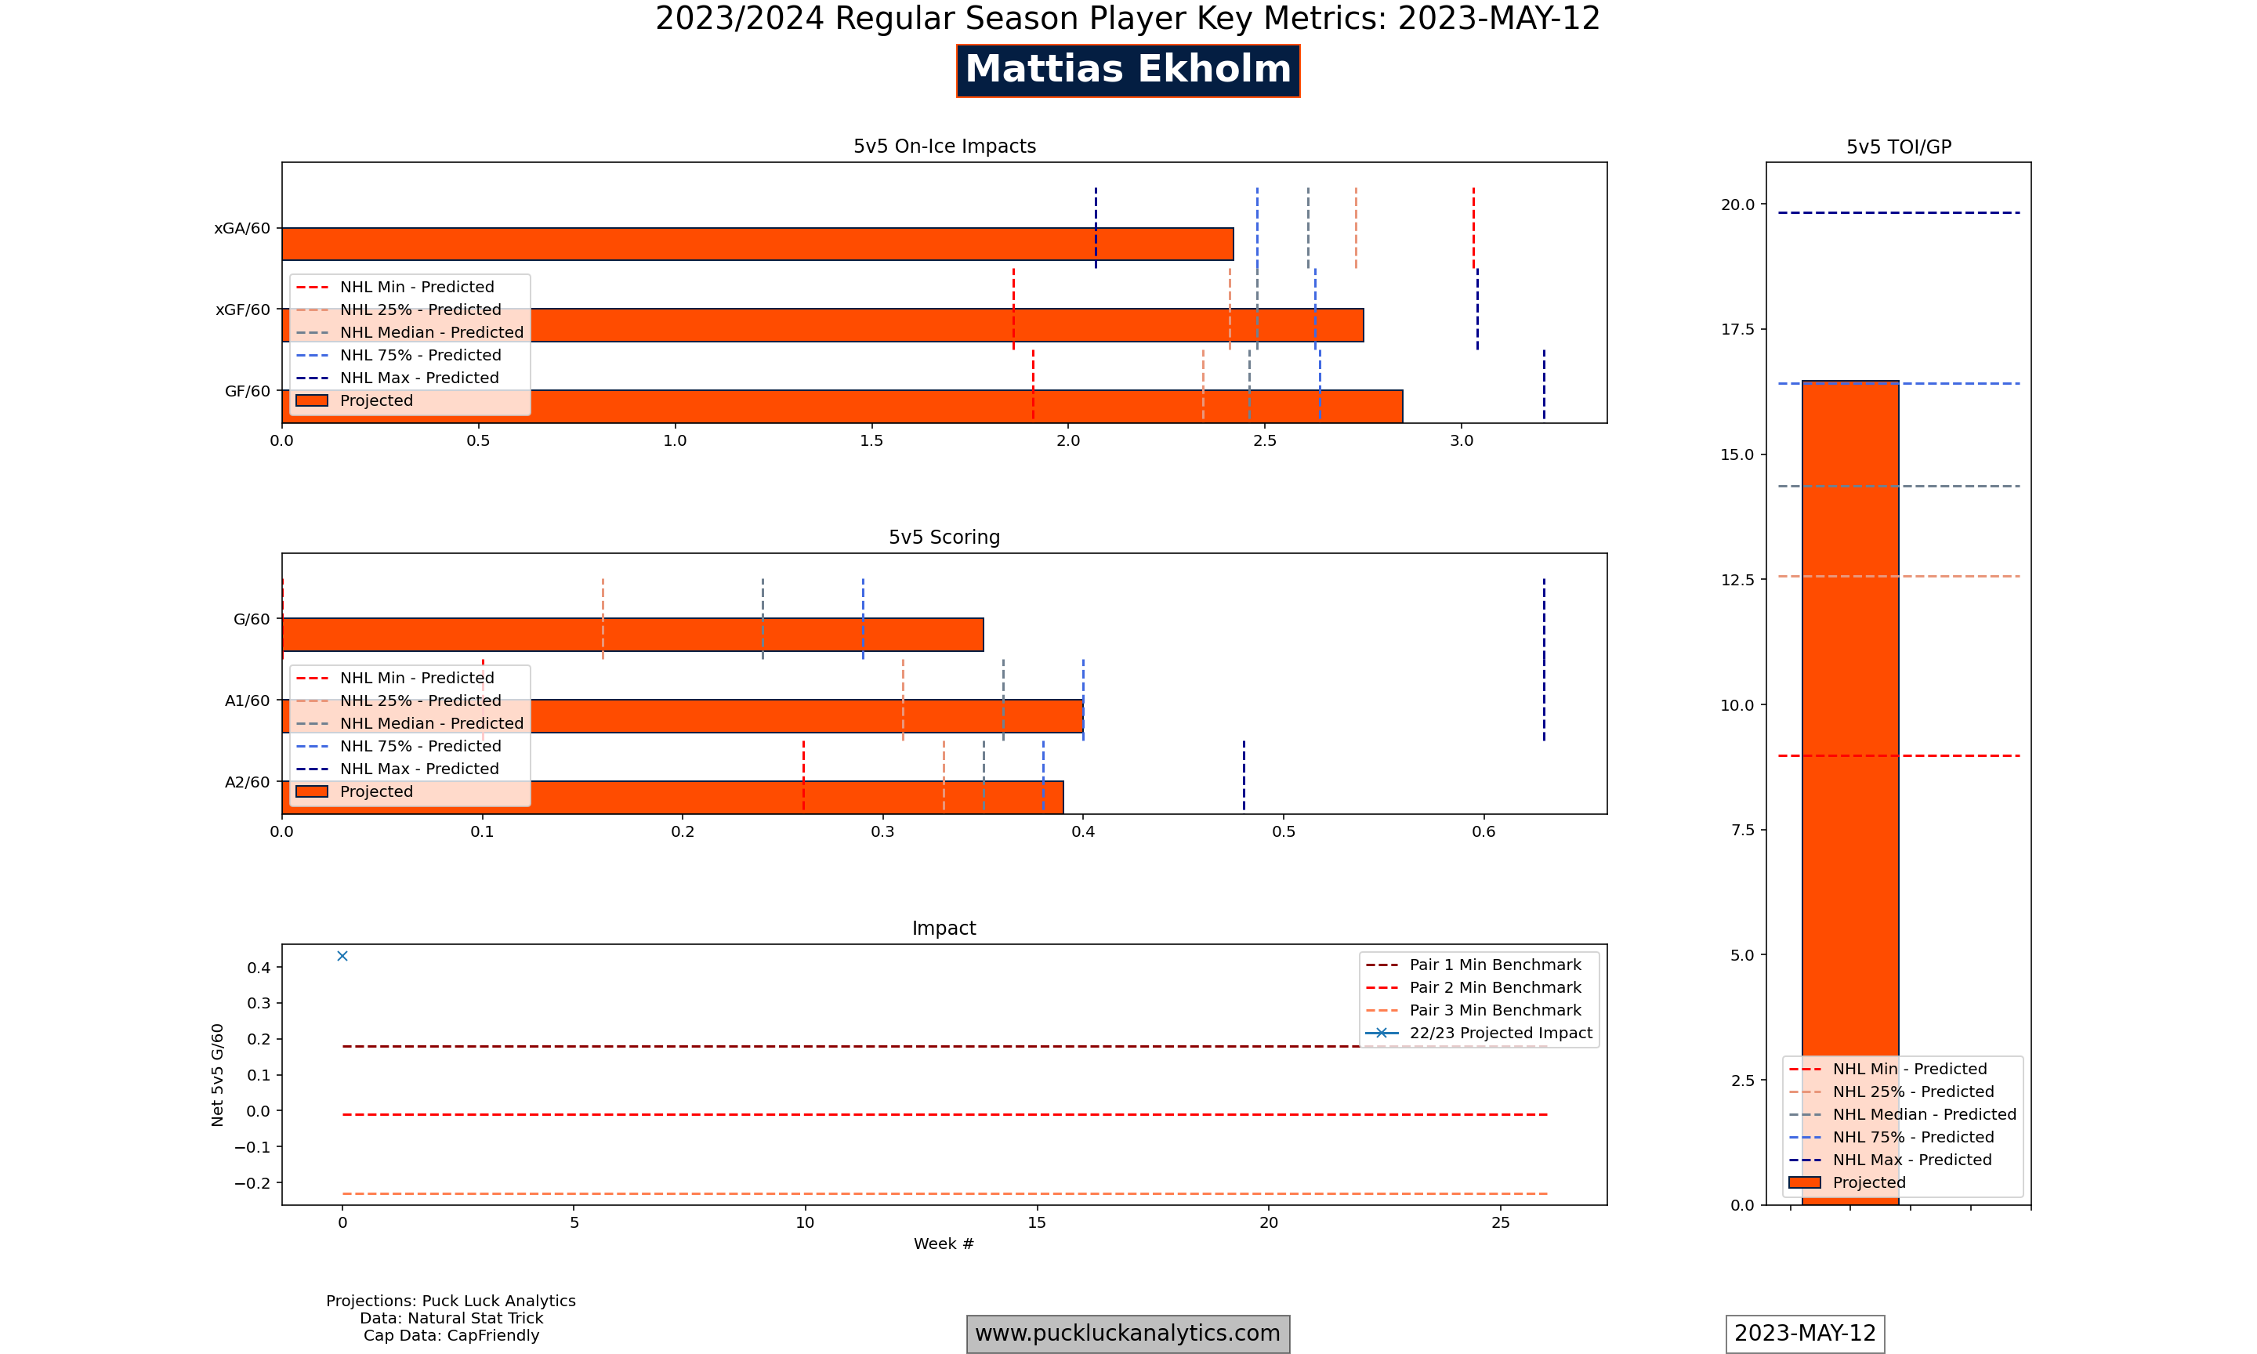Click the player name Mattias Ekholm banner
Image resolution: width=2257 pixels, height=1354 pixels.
(1128, 71)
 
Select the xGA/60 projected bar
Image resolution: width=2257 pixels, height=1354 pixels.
(757, 244)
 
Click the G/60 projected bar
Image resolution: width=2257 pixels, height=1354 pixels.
(632, 634)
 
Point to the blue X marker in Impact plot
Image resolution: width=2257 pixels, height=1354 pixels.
(342, 956)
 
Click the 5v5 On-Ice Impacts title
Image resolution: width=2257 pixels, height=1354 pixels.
(944, 146)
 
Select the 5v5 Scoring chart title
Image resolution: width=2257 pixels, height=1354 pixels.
(944, 538)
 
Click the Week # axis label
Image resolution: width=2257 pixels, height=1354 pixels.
(944, 1244)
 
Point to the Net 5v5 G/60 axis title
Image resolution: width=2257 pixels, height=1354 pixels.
(217, 1075)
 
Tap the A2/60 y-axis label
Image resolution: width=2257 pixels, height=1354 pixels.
(247, 782)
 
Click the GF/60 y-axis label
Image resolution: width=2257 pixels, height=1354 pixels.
(247, 392)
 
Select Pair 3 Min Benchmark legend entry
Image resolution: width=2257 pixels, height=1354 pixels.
(1494, 1010)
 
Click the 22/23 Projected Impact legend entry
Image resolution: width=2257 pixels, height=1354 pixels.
(1500, 1033)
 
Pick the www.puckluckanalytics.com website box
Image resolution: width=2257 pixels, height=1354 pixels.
(1128, 1333)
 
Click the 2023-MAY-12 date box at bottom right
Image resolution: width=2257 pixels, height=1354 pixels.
(1805, 1333)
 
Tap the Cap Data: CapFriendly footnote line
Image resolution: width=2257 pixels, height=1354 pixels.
(451, 1336)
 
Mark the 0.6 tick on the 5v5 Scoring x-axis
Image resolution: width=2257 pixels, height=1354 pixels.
(1484, 831)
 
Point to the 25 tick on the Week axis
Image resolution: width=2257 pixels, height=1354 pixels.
(1500, 1222)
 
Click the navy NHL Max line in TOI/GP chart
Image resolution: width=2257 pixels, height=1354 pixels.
(1899, 212)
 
